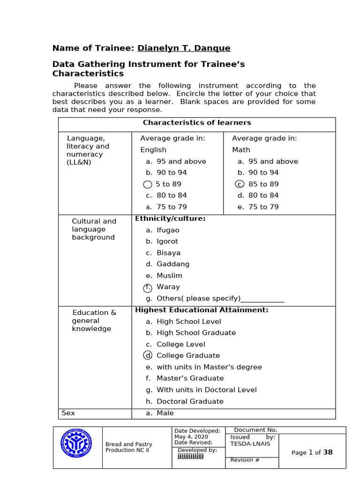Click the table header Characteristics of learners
197,123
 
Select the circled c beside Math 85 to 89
240,184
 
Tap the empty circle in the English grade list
148,184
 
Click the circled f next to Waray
148,287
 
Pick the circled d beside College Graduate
148,356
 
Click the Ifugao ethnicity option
168,230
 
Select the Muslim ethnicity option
169,276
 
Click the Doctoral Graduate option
190,401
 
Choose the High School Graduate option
196,333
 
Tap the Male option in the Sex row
165,413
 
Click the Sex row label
68,413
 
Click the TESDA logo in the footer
77,448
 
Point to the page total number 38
328,452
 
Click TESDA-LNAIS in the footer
250,444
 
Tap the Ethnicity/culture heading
170,218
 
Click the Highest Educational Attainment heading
202,310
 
